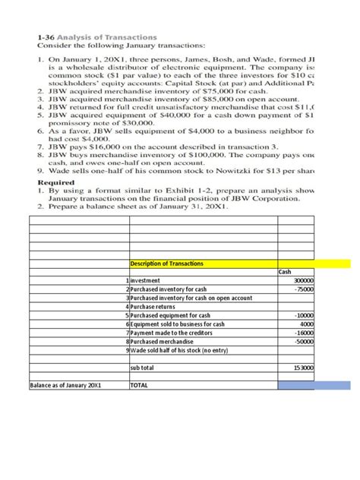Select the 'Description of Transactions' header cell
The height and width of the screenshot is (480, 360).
(x=167, y=264)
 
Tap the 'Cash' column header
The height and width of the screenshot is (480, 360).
(x=286, y=272)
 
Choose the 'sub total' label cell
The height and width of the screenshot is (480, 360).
(x=143, y=367)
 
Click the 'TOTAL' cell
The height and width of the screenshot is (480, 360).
(x=140, y=385)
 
